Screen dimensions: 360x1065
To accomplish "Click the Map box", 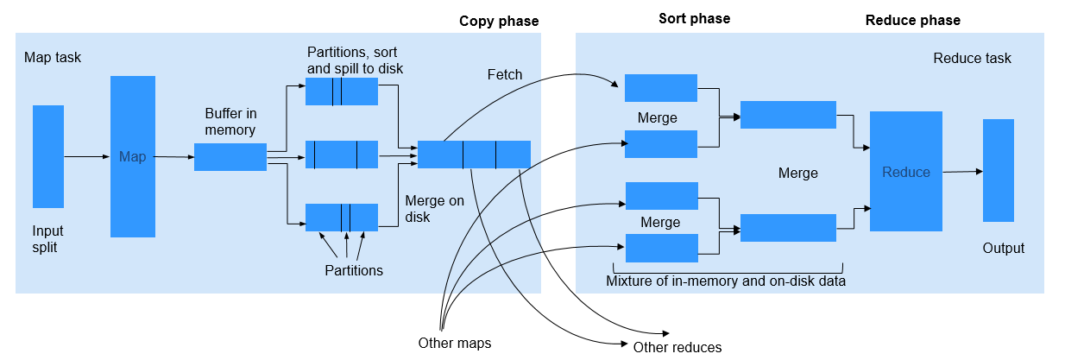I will click(133, 156).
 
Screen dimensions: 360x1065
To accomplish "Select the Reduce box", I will click(905, 172).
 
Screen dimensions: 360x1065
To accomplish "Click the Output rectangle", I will click(998, 170).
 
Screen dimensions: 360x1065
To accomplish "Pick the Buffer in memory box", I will click(230, 157).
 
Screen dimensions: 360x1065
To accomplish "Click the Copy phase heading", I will click(500, 21).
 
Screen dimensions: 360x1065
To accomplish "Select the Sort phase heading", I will click(694, 18).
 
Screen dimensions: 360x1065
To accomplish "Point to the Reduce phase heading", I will click(912, 20).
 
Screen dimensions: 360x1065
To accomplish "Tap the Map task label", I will click(53, 58).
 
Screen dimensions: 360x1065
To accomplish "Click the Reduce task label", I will click(972, 58).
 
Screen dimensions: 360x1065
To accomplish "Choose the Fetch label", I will click(505, 74).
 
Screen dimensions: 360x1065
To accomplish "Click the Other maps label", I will click(454, 343).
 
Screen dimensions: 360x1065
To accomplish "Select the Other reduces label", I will click(677, 347).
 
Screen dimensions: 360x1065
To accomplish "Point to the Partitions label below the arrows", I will click(353, 270).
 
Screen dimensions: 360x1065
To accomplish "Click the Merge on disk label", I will click(434, 209).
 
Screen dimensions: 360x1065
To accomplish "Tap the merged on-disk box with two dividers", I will click(474, 154).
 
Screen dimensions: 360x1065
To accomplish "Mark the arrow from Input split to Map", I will click(86, 156).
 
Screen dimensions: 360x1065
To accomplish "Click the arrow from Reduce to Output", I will click(961, 171).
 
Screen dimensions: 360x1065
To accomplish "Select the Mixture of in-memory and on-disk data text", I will click(725, 281).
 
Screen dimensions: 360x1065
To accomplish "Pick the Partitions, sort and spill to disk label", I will click(355, 60).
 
